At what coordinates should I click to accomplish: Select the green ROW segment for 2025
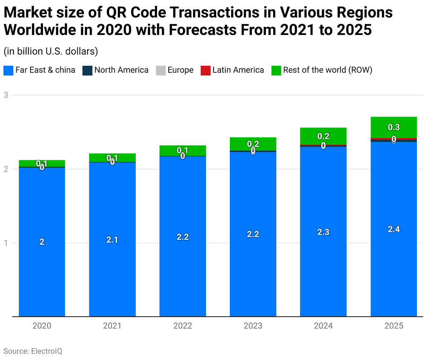coord(394,125)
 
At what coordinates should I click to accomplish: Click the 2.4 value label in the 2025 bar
coord(394,229)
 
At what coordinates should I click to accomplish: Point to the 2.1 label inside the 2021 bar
coord(112,240)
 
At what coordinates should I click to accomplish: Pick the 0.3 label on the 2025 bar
coord(394,127)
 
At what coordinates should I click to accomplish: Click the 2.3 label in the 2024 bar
coord(323,232)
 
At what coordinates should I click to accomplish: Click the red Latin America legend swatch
coord(205,70)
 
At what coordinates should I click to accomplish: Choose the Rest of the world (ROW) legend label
coord(327,70)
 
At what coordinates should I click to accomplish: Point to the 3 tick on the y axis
coord(6,95)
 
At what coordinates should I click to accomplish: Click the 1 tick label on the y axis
coord(6,243)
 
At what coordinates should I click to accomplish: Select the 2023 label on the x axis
coord(253,326)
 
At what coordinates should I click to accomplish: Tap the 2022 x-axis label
coord(182,326)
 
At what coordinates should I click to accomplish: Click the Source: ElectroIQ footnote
coord(33,351)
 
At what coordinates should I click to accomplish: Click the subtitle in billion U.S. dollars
coord(50,51)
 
